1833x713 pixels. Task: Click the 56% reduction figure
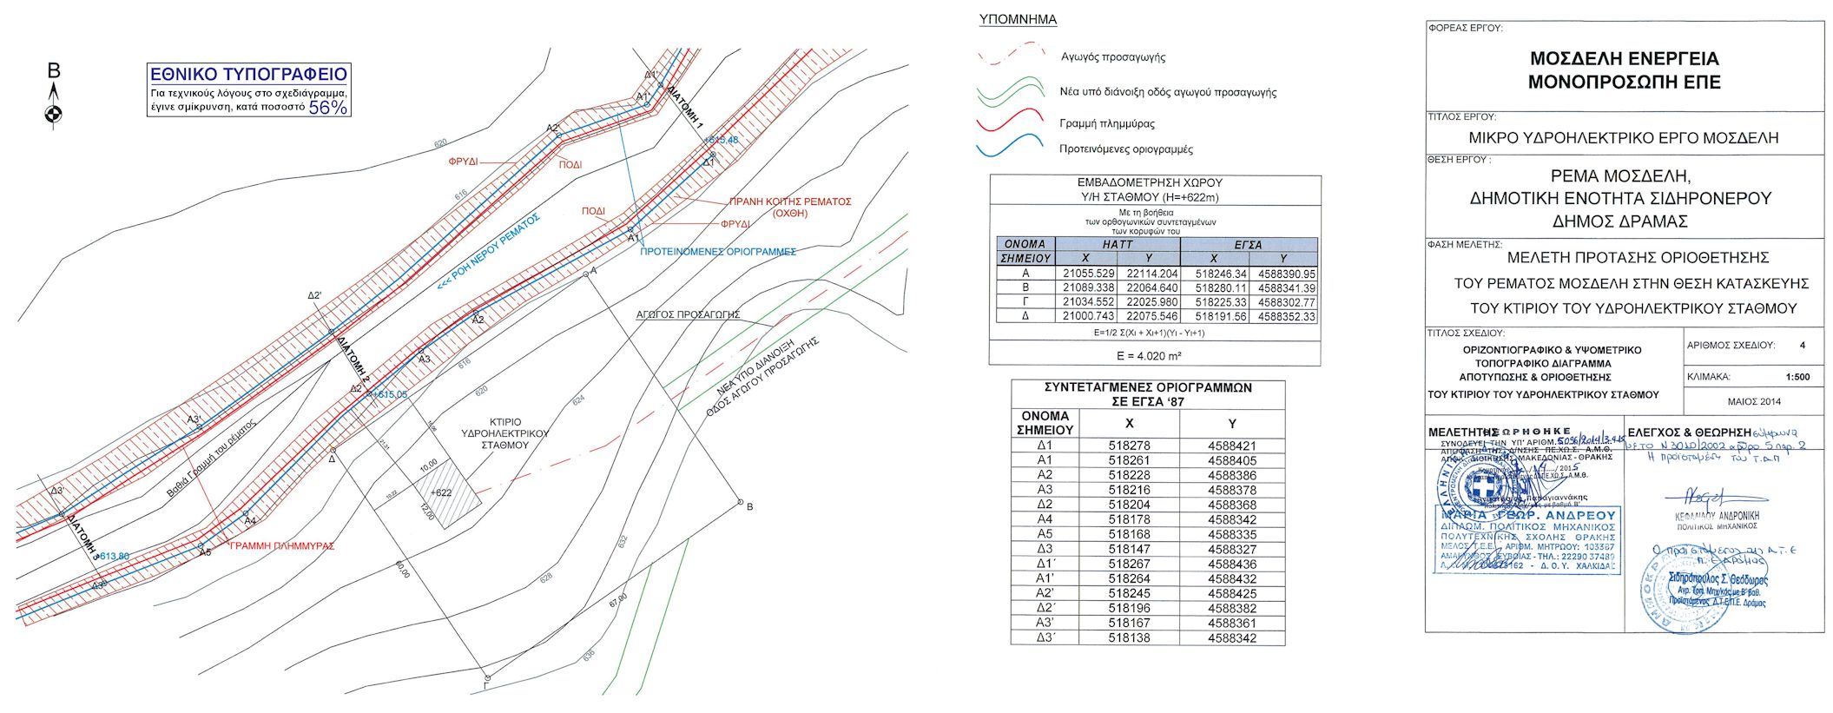[x=328, y=108]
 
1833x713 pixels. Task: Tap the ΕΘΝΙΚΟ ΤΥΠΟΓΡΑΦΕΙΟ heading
[x=248, y=75]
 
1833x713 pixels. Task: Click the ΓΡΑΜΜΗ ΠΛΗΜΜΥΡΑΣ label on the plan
[x=281, y=546]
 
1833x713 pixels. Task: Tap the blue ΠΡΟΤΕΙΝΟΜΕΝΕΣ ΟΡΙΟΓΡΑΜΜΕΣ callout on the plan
[x=717, y=252]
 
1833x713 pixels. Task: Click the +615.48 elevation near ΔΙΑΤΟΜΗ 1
[x=722, y=140]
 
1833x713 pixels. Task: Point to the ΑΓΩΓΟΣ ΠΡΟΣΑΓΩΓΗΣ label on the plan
[x=688, y=314]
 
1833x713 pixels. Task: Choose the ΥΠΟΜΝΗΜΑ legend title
[x=1018, y=19]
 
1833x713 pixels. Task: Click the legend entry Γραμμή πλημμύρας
[x=1107, y=123]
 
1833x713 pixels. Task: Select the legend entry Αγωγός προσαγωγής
[x=1113, y=57]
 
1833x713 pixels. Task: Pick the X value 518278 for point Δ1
[x=1129, y=446]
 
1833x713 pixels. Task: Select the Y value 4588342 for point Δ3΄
[x=1231, y=638]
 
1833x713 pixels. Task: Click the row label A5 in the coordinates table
[x=1045, y=534]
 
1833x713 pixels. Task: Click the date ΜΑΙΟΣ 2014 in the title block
[x=1754, y=402]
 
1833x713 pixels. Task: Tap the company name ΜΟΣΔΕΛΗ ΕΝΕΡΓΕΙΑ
[x=1624, y=59]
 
